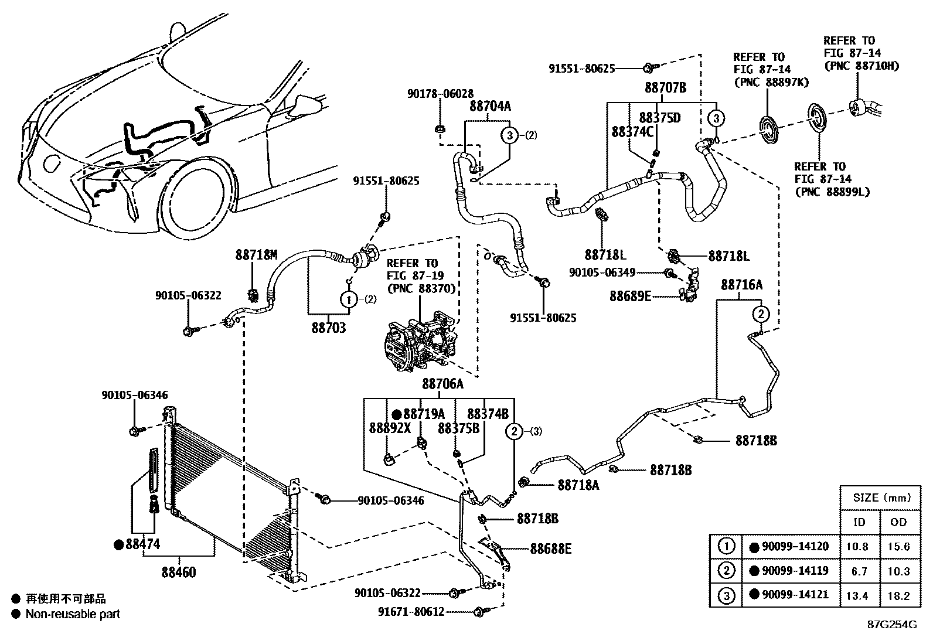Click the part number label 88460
coord(179,572)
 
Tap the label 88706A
coord(442,384)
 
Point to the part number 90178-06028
coord(440,93)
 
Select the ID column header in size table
coord(860,522)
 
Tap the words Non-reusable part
coord(73,614)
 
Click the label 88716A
coord(741,285)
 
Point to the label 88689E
coord(630,297)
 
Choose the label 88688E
coord(551,549)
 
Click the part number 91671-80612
coord(411,612)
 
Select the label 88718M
coord(256,255)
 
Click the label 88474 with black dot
coord(142,545)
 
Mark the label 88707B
coord(665,88)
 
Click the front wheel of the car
coord(200,195)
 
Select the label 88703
coord(328,328)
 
